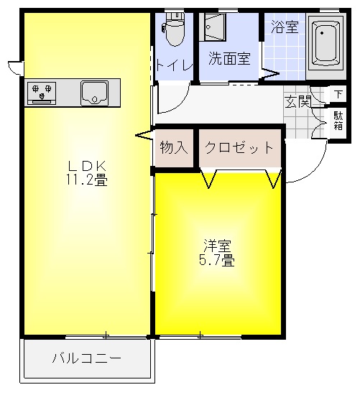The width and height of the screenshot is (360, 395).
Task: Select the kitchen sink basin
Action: coord(94,93)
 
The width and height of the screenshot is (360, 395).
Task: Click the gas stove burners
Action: coord(41,93)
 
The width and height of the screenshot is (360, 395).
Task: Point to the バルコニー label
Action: coord(86,358)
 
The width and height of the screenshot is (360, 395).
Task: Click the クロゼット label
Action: coord(239,149)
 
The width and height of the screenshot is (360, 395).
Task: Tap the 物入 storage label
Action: coord(174,149)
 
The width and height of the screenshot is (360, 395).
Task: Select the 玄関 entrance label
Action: coord(297,101)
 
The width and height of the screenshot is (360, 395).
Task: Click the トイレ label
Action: coord(174,65)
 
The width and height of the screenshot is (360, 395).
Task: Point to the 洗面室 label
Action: coord(229,59)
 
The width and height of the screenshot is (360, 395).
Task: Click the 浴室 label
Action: coord(285,28)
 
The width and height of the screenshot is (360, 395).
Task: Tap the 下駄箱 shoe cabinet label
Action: coord(338,120)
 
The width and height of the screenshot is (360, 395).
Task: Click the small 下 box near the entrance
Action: coord(338,94)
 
